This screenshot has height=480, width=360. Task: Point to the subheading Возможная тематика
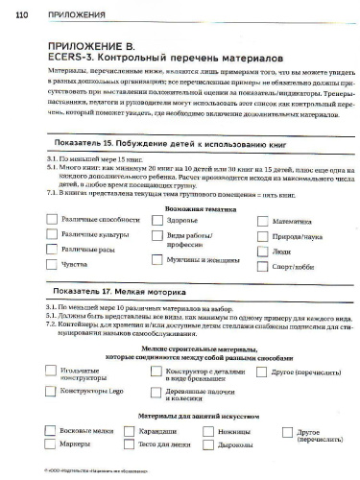[180, 205]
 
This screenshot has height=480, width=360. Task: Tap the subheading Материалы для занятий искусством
[180, 418]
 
